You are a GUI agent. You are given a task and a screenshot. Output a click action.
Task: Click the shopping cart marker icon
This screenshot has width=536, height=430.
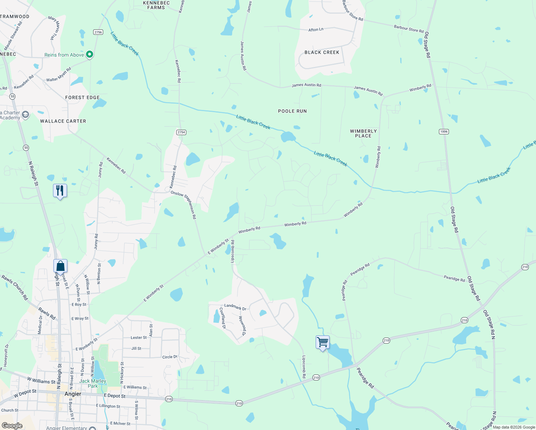322,343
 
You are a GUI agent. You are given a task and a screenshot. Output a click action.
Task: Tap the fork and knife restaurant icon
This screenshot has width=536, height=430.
60,190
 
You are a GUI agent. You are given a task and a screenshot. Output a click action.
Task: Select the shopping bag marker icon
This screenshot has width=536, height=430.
60,266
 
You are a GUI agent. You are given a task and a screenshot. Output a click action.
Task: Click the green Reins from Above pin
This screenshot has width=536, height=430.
90,54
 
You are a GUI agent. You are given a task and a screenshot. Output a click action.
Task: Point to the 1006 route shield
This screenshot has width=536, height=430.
444,132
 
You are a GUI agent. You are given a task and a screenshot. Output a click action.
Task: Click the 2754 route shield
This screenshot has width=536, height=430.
181,132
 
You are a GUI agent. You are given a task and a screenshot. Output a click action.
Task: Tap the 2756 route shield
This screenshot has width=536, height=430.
98,32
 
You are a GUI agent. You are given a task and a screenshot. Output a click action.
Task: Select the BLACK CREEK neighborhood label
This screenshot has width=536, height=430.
322,52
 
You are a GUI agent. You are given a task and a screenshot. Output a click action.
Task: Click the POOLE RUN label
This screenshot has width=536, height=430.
292,111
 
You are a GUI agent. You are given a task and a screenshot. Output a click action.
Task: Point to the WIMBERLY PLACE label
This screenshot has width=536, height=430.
363,133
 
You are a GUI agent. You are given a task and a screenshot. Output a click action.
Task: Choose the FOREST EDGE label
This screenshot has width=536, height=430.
82,97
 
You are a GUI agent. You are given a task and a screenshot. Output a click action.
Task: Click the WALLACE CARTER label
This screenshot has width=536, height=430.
63,121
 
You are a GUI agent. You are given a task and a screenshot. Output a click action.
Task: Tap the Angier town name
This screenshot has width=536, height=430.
73,394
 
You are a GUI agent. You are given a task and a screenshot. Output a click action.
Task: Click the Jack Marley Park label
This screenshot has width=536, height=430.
92,383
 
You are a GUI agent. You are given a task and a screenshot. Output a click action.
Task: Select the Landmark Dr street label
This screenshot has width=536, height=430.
235,307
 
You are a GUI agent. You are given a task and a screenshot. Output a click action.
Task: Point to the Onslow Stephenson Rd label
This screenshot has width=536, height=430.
184,204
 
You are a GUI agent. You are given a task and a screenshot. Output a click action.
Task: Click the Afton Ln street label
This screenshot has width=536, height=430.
316,30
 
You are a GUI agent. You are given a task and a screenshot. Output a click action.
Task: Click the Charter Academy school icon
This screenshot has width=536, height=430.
25,115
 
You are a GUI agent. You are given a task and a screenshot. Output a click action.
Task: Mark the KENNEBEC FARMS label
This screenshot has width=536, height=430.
156,5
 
